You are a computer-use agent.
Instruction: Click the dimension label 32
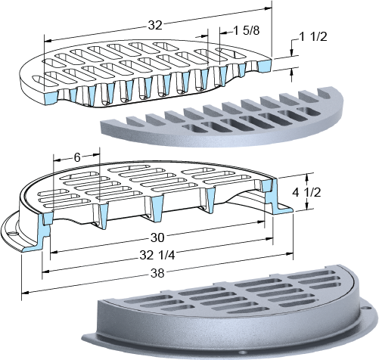click(x=155, y=26)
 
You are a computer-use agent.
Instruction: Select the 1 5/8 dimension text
click(x=247, y=31)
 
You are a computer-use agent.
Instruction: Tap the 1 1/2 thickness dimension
click(x=313, y=37)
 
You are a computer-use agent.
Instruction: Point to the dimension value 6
click(x=77, y=157)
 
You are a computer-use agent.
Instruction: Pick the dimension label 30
click(x=157, y=237)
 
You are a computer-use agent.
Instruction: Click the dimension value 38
click(x=157, y=273)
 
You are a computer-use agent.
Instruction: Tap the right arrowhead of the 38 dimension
click(x=289, y=254)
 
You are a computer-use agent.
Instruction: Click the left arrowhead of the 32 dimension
click(x=48, y=41)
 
